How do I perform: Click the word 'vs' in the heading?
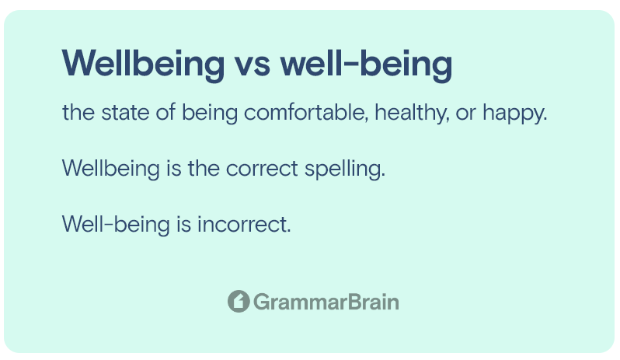point(253,63)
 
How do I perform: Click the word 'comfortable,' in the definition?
point(306,112)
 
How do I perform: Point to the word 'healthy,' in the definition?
point(412,114)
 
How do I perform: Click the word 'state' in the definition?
point(125,113)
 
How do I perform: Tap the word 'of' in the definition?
point(165,112)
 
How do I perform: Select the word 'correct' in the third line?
point(262,169)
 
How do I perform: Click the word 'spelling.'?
point(345,170)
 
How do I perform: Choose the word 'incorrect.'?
point(244,224)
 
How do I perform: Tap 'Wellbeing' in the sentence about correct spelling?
point(110,170)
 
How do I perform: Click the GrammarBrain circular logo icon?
point(239,302)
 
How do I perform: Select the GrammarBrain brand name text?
point(326,302)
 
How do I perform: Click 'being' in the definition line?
point(210,114)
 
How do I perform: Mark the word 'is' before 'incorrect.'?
point(184,224)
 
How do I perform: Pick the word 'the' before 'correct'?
point(204,169)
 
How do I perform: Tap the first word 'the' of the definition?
point(78,112)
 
